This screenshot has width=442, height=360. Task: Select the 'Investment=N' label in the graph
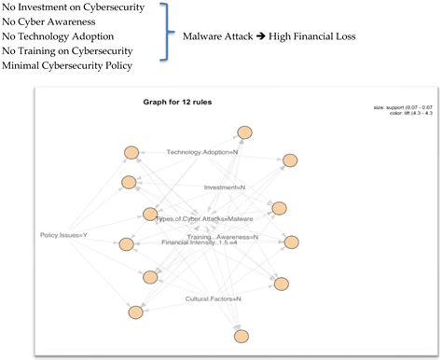pyautogui.click(x=225, y=187)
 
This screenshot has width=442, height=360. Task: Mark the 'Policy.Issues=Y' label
pyautogui.click(x=65, y=234)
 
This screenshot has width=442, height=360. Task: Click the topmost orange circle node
pyautogui.click(x=244, y=132)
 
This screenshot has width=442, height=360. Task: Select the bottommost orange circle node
pyautogui.click(x=242, y=336)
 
